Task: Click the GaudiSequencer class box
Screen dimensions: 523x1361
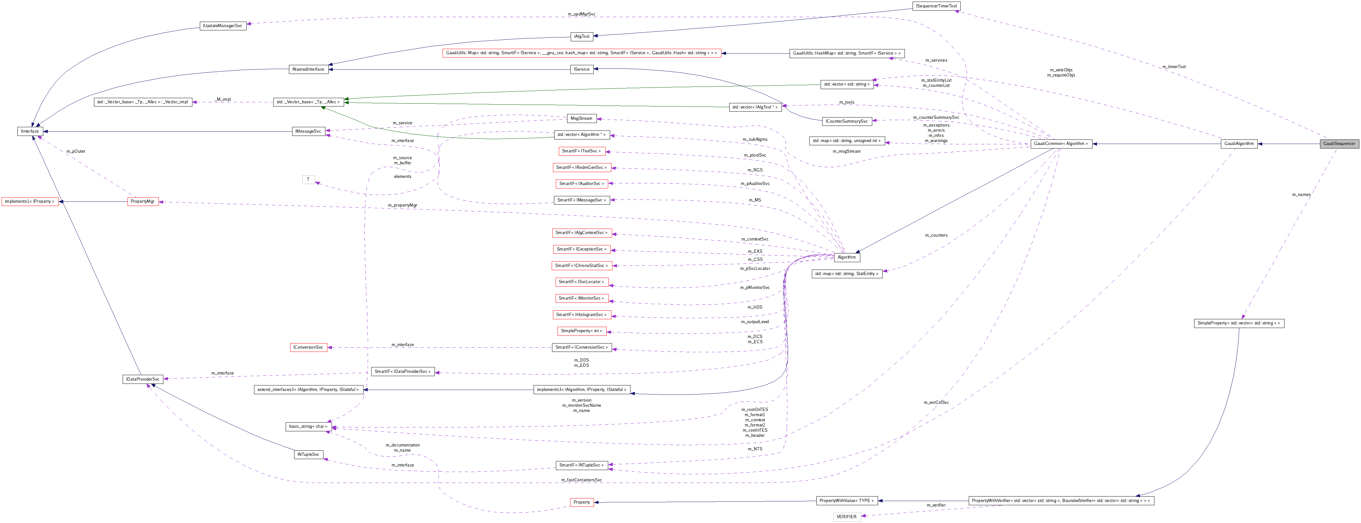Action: click(x=1339, y=144)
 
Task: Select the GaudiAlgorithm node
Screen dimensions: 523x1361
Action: click(x=1238, y=144)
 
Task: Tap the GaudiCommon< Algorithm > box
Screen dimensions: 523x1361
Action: click(x=1061, y=144)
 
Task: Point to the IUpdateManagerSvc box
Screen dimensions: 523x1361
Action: click(x=223, y=26)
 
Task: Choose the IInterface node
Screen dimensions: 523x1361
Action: click(x=30, y=131)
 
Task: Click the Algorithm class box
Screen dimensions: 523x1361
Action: click(x=846, y=257)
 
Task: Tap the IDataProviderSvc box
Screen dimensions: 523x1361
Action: click(x=142, y=379)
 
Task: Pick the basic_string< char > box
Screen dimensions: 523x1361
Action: click(x=308, y=426)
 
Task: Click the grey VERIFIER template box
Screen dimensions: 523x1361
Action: click(x=846, y=517)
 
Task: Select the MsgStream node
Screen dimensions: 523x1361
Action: click(x=581, y=118)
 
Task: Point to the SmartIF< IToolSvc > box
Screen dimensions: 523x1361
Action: click(x=581, y=151)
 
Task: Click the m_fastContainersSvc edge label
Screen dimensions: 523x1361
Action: click(x=581, y=480)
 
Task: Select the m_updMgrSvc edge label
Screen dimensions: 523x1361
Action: click(x=581, y=14)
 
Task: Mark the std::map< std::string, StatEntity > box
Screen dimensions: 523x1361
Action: click(x=846, y=274)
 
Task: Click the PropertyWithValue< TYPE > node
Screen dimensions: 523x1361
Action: click(x=846, y=501)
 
